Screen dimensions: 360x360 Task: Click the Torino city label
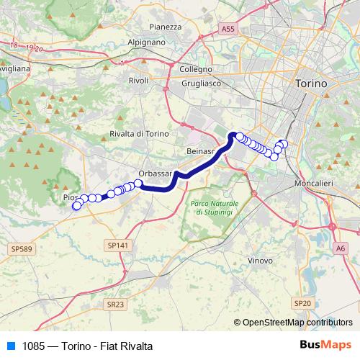tap(311, 84)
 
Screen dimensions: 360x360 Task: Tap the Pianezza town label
tap(165, 27)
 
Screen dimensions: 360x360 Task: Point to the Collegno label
tap(196, 70)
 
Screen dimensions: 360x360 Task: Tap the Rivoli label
tap(138, 81)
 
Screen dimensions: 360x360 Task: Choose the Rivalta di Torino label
tap(139, 135)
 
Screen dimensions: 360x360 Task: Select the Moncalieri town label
tap(314, 184)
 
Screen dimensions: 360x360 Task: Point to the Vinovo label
tap(259, 260)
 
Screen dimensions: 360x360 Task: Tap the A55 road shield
tap(228, 28)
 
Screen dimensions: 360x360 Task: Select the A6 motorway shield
tap(340, 248)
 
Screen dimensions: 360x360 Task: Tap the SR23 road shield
tap(114, 305)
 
